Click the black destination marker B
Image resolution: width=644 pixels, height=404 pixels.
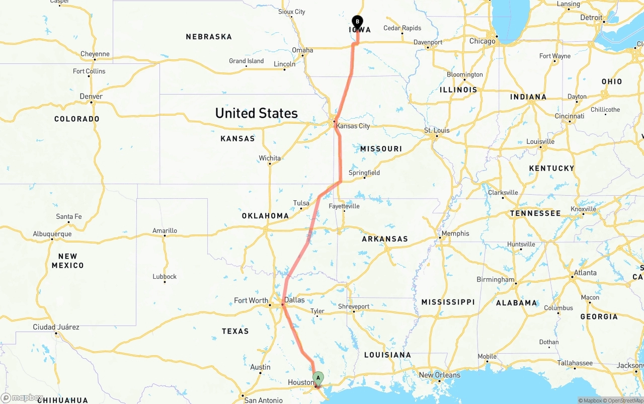[357, 22]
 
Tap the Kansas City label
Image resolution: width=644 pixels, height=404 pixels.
[353, 126]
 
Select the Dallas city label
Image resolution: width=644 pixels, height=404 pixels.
[294, 300]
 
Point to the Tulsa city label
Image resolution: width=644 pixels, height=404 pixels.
[301, 203]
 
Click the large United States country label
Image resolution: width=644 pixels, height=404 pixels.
[257, 113]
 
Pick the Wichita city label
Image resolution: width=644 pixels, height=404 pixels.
[270, 158]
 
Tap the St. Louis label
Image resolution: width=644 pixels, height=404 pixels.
[437, 130]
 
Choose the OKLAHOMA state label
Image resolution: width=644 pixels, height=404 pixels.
[265, 216]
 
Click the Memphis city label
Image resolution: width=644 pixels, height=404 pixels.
[455, 233]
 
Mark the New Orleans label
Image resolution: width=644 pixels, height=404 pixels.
[439, 375]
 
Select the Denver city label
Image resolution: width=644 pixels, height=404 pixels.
[91, 96]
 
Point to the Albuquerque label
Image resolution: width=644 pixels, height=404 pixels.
[52, 234]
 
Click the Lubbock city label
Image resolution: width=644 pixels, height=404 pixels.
[165, 276]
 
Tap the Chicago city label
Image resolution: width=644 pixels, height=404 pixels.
[482, 41]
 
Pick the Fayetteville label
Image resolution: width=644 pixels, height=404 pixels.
[344, 206]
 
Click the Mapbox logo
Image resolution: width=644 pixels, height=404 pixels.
[22, 398]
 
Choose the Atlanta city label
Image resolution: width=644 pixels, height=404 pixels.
[586, 273]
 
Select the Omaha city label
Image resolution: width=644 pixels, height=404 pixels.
[302, 50]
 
